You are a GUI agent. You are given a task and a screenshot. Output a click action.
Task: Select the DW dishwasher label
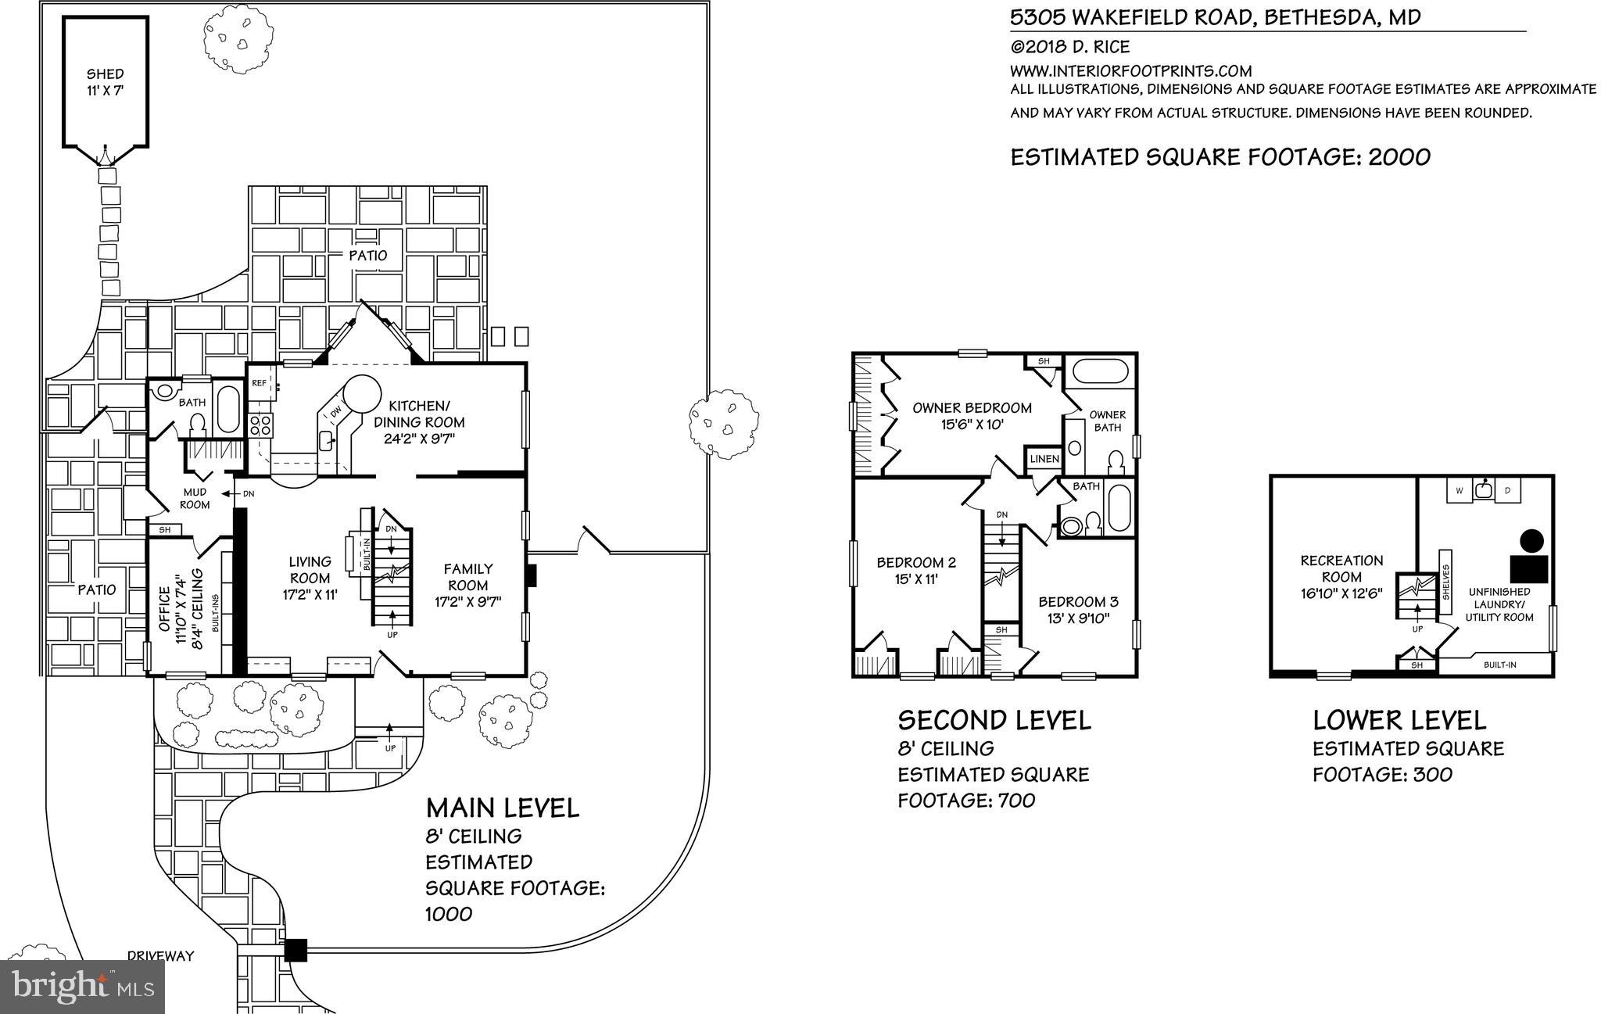[x=335, y=411]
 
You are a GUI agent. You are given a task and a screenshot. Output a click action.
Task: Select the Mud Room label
[x=195, y=499]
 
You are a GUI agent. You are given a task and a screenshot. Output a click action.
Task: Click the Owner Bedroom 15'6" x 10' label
[x=972, y=416]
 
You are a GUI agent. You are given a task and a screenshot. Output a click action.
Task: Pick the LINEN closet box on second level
[x=1044, y=459]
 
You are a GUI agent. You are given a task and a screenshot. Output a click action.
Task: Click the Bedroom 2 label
[x=916, y=571]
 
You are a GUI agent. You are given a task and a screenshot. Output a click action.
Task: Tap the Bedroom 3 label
[x=1078, y=610]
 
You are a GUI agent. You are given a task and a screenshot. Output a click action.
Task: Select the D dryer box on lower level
[x=1508, y=490]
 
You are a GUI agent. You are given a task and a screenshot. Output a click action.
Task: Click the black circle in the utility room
[x=1531, y=539]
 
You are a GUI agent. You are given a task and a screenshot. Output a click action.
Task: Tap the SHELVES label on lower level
[x=1445, y=582]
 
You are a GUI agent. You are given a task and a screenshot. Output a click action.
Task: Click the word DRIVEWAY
[x=160, y=955]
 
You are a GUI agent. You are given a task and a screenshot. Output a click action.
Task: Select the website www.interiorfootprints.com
[x=1131, y=71]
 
